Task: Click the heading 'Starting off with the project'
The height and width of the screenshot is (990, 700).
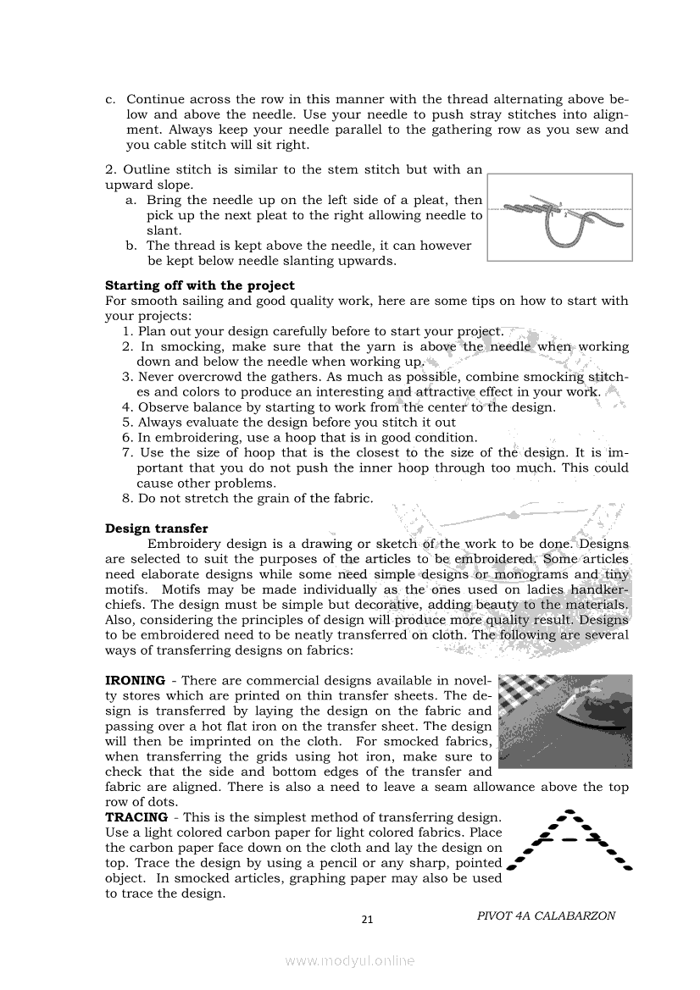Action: point(199,285)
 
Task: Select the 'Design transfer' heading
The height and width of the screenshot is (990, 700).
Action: point(157,528)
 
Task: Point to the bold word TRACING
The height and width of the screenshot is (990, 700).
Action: point(136,817)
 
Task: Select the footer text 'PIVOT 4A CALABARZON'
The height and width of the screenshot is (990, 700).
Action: point(546,915)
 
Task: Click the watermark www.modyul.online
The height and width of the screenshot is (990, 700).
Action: point(350,960)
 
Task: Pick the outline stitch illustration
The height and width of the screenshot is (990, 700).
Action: point(560,217)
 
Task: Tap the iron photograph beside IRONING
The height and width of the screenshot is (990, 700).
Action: point(565,722)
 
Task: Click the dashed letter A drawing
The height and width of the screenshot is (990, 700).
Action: point(572,840)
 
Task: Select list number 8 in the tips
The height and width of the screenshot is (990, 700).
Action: point(127,498)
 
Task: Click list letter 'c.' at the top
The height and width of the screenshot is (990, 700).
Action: point(111,99)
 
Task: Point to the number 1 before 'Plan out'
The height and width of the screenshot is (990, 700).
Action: point(127,331)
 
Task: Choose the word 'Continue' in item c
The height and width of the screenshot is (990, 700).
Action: point(155,99)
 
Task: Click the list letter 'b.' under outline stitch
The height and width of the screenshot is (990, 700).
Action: point(131,246)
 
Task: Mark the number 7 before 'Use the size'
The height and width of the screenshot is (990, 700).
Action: point(127,452)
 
